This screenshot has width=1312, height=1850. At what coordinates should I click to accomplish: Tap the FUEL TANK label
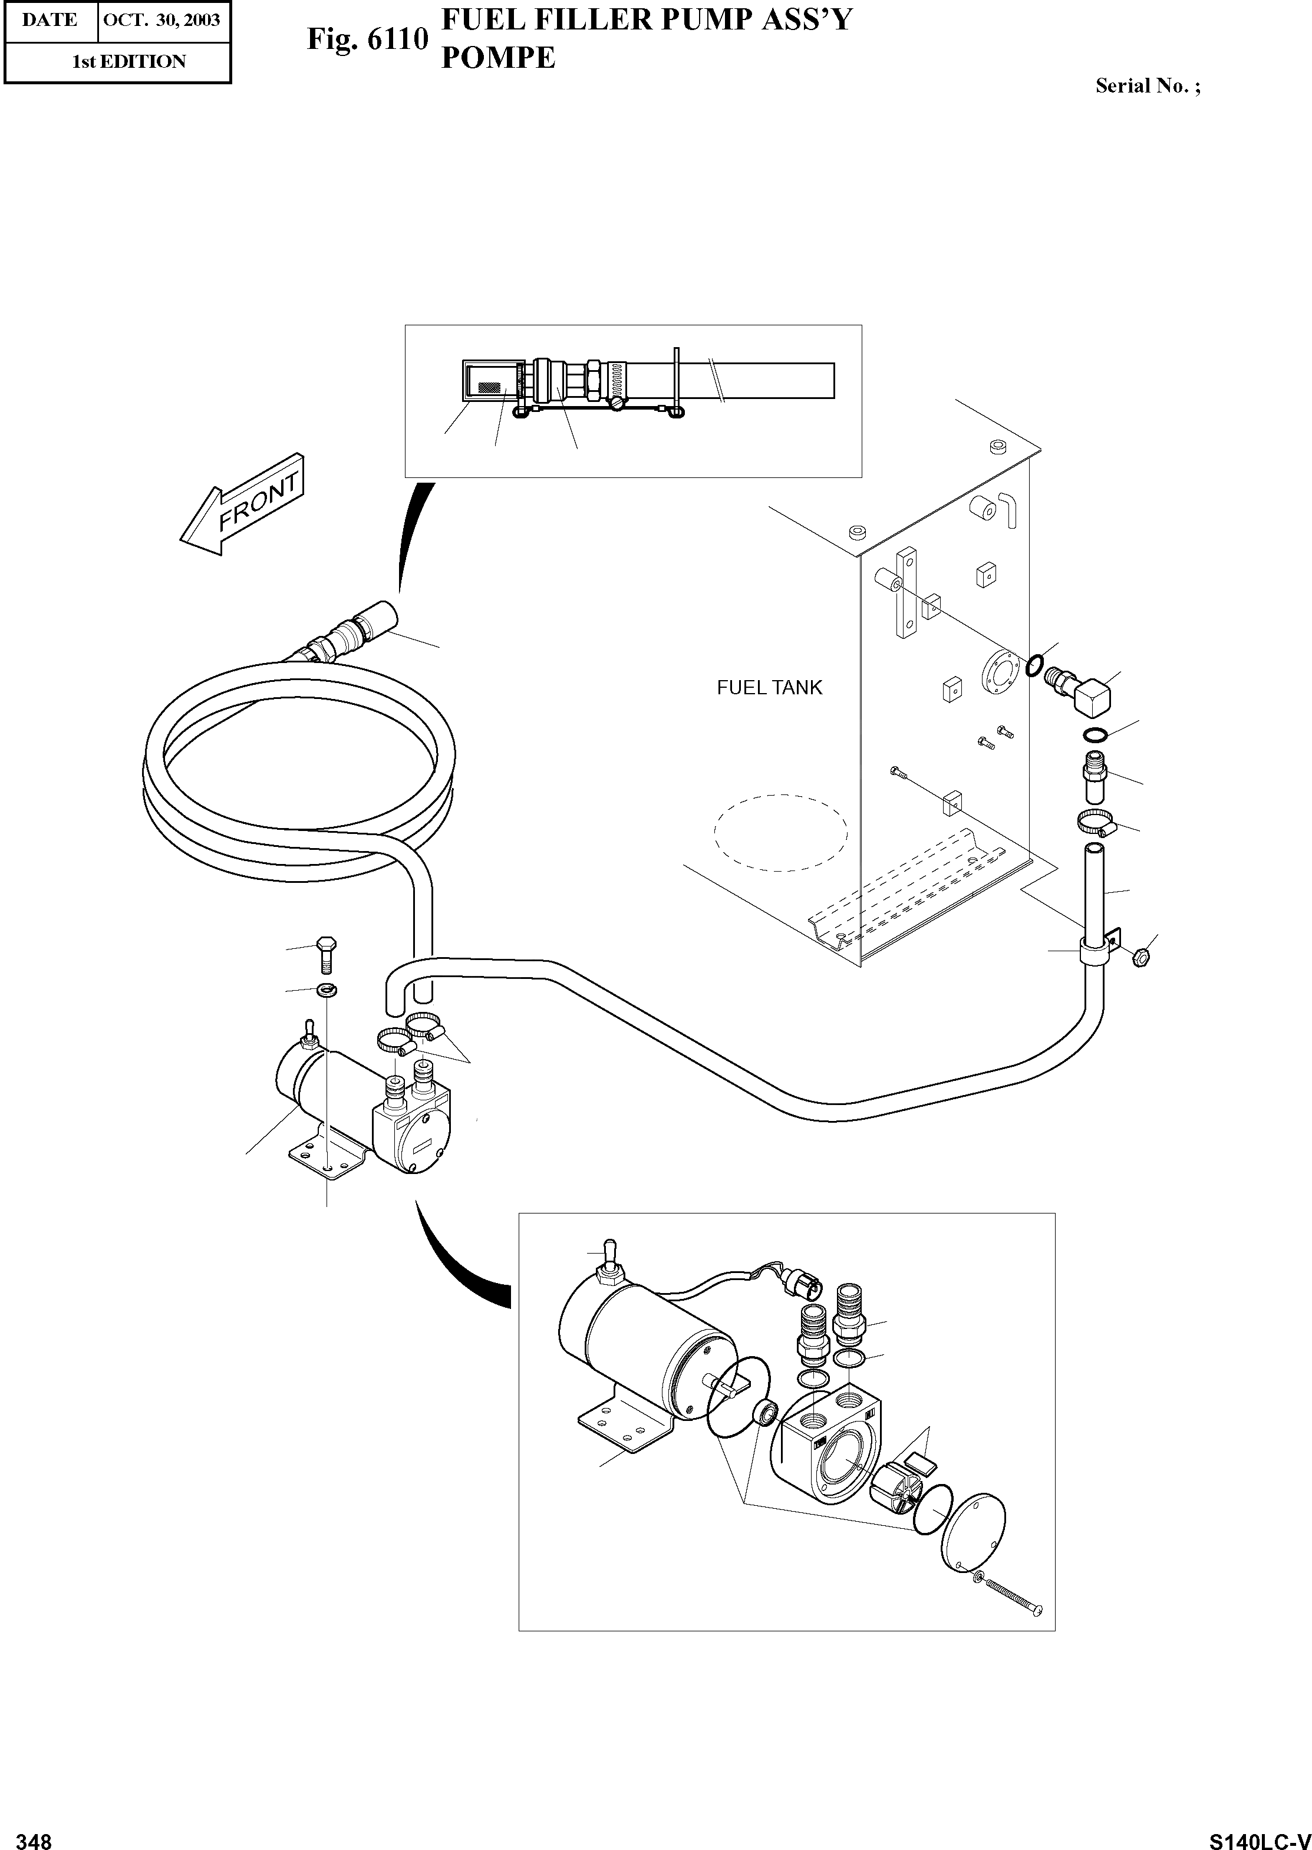[x=769, y=688]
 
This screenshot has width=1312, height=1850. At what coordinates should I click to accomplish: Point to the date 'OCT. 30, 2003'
[x=161, y=20]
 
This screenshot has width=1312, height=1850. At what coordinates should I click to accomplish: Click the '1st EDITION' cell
[x=129, y=61]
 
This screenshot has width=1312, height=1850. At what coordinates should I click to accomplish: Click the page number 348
[x=34, y=1835]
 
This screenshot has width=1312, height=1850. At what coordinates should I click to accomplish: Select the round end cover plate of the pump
[x=974, y=1532]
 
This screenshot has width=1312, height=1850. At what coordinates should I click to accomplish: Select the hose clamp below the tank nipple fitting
[x=1098, y=824]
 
